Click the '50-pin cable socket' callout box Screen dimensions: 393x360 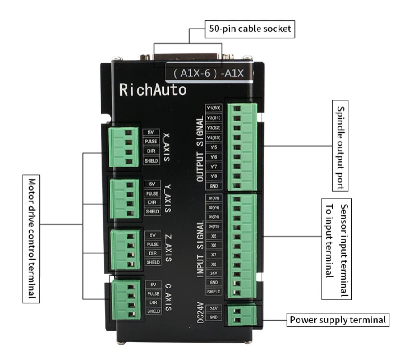[x=249, y=29]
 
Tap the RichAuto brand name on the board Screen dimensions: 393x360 [x=153, y=90]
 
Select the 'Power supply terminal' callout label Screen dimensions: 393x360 [x=338, y=320]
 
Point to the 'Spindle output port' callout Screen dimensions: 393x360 [x=340, y=146]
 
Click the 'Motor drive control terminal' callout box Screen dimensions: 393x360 [x=31, y=239]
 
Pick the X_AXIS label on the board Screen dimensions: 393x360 [x=166, y=147]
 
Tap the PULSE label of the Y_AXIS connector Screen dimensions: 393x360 [x=152, y=193]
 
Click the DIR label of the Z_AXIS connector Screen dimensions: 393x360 [x=153, y=253]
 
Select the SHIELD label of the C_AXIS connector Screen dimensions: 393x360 [x=154, y=311]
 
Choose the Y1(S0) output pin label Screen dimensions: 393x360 [x=214, y=108]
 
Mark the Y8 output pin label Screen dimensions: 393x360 [x=214, y=176]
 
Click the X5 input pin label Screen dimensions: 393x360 [x=214, y=236]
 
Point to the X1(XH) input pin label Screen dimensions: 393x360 [x=214, y=198]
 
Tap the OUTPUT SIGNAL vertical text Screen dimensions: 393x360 [x=200, y=149]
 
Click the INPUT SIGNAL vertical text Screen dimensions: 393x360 [x=200, y=249]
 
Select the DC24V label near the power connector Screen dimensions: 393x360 [x=200, y=313]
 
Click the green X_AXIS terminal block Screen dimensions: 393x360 [x=123, y=147]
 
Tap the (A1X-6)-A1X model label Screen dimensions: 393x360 [x=208, y=73]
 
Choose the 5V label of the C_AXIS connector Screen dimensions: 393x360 [x=153, y=285]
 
